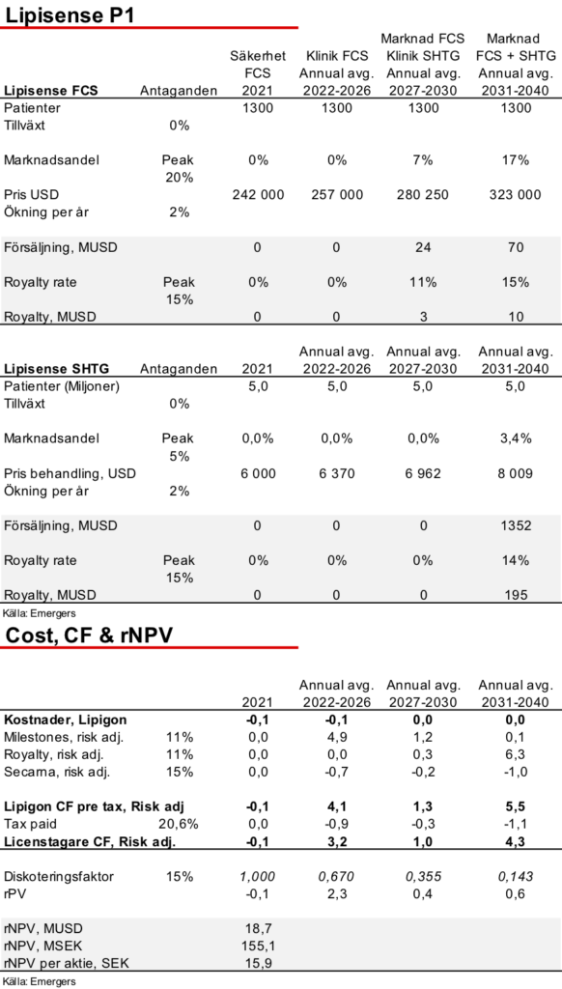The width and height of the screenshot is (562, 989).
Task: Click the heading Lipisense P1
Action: click(69, 15)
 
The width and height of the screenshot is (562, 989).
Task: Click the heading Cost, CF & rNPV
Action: click(88, 636)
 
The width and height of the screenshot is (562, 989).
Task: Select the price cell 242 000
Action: click(258, 195)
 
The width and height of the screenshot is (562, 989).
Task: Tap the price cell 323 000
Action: click(516, 195)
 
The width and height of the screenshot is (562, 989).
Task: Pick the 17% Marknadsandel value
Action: click(516, 160)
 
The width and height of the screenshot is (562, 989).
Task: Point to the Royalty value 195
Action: click(516, 595)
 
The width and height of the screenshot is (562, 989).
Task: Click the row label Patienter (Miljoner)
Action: click(61, 386)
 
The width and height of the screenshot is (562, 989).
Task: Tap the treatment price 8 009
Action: click(516, 473)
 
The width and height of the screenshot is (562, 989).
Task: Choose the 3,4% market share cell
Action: click(516, 438)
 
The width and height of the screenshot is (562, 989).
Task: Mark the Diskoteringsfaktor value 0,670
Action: click(337, 876)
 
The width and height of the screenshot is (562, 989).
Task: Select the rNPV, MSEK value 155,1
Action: click(258, 947)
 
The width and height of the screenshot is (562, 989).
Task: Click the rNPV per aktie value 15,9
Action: click(258, 964)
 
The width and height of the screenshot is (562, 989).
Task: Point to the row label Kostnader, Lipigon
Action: click(65, 720)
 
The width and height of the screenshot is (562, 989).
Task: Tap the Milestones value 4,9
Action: click(337, 737)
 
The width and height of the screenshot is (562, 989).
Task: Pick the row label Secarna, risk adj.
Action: click(54, 772)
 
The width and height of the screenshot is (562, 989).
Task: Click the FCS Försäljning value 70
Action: click(516, 248)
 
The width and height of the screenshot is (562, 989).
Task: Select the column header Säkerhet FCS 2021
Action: click(258, 73)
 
